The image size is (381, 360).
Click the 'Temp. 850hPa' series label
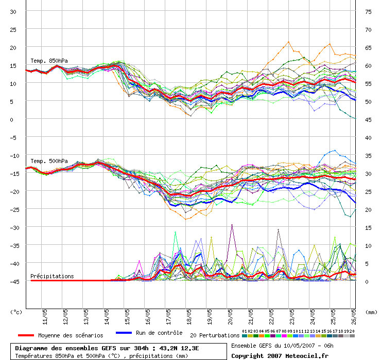[x=49, y=61]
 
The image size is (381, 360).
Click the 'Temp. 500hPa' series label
[x=49, y=161]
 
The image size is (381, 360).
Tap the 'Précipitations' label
[x=52, y=276]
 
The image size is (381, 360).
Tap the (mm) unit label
[x=371, y=312]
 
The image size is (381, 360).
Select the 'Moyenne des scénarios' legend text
[x=71, y=335]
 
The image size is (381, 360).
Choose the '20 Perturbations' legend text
[x=215, y=335]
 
